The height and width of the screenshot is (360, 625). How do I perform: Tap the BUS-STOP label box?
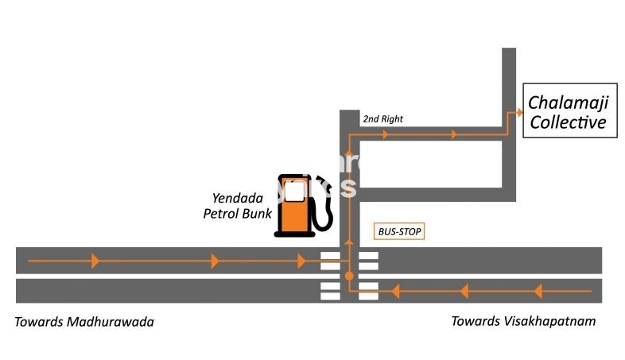(400, 232)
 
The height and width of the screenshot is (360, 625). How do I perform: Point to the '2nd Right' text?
(382, 119)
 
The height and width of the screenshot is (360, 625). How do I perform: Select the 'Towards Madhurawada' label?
(84, 322)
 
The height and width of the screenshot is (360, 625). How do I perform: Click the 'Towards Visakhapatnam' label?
(523, 321)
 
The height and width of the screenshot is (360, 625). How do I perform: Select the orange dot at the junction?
(348, 276)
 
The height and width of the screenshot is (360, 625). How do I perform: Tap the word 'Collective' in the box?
(569, 122)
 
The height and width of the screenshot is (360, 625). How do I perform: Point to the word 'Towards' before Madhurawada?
(39, 322)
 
